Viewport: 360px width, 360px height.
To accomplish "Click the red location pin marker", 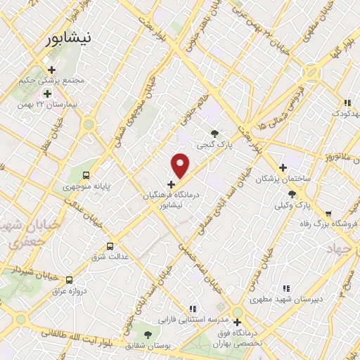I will tap(181, 165).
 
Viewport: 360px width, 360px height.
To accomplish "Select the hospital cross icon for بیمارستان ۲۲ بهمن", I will tap(48, 94).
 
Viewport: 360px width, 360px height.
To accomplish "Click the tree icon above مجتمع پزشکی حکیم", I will tap(48, 67).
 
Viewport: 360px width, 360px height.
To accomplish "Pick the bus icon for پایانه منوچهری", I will tap(86, 175).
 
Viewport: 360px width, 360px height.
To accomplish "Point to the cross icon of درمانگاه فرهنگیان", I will tap(172, 184).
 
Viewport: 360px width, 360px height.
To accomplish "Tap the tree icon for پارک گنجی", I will tap(214, 134).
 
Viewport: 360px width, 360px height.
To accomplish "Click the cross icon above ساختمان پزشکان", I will tap(283, 168).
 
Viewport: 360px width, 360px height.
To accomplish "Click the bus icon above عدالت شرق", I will tap(109, 246).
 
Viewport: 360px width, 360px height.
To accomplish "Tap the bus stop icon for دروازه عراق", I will tap(68, 280).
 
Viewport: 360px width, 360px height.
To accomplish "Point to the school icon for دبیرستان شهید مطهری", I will tap(285, 288).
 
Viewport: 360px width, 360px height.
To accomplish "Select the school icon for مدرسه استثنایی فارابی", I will tap(191, 308).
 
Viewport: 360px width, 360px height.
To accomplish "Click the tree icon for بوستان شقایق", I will tap(148, 334).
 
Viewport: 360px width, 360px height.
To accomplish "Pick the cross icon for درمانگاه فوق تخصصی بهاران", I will tap(238, 322).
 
